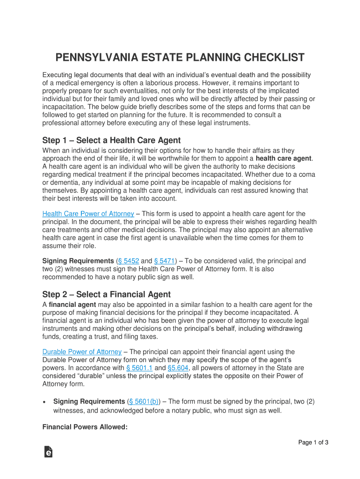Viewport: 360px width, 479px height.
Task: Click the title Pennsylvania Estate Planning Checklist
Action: pos(180,58)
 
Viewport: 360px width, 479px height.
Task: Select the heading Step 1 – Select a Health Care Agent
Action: pos(111,140)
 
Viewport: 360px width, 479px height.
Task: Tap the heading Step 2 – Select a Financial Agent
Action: pos(107,294)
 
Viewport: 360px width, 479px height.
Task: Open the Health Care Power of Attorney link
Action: pos(88,214)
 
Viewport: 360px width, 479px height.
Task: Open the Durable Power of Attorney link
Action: pos(82,352)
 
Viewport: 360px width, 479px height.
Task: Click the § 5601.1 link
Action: pos(139,368)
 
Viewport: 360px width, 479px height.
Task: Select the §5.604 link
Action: pos(178,368)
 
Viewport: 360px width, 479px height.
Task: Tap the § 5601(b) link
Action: pos(144,401)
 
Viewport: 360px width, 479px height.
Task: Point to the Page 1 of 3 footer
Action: pos(314,443)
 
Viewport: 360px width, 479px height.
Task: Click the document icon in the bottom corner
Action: pos(48,451)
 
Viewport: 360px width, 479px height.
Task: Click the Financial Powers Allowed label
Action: pos(85,427)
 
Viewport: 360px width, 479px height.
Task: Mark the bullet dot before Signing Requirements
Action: pos(44,402)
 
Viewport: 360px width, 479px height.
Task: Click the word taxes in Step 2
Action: pos(149,336)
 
